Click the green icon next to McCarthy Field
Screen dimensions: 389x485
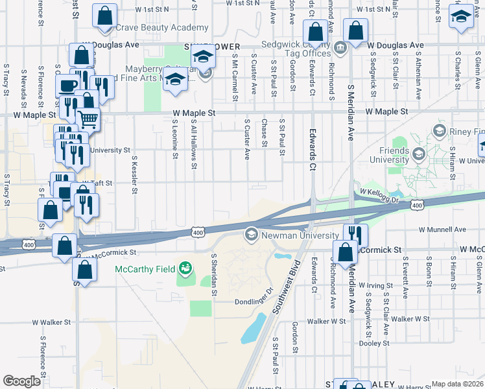coord(185,268)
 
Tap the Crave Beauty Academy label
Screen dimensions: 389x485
coord(161,28)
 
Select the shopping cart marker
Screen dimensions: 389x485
coord(87,119)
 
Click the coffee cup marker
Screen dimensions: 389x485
coord(67,86)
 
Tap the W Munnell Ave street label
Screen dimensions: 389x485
coord(442,230)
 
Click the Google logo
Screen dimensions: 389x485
coord(21,381)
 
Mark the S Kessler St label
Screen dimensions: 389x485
coord(134,174)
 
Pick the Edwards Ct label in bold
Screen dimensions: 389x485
coord(313,153)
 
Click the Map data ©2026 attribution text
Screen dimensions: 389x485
coord(457,384)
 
